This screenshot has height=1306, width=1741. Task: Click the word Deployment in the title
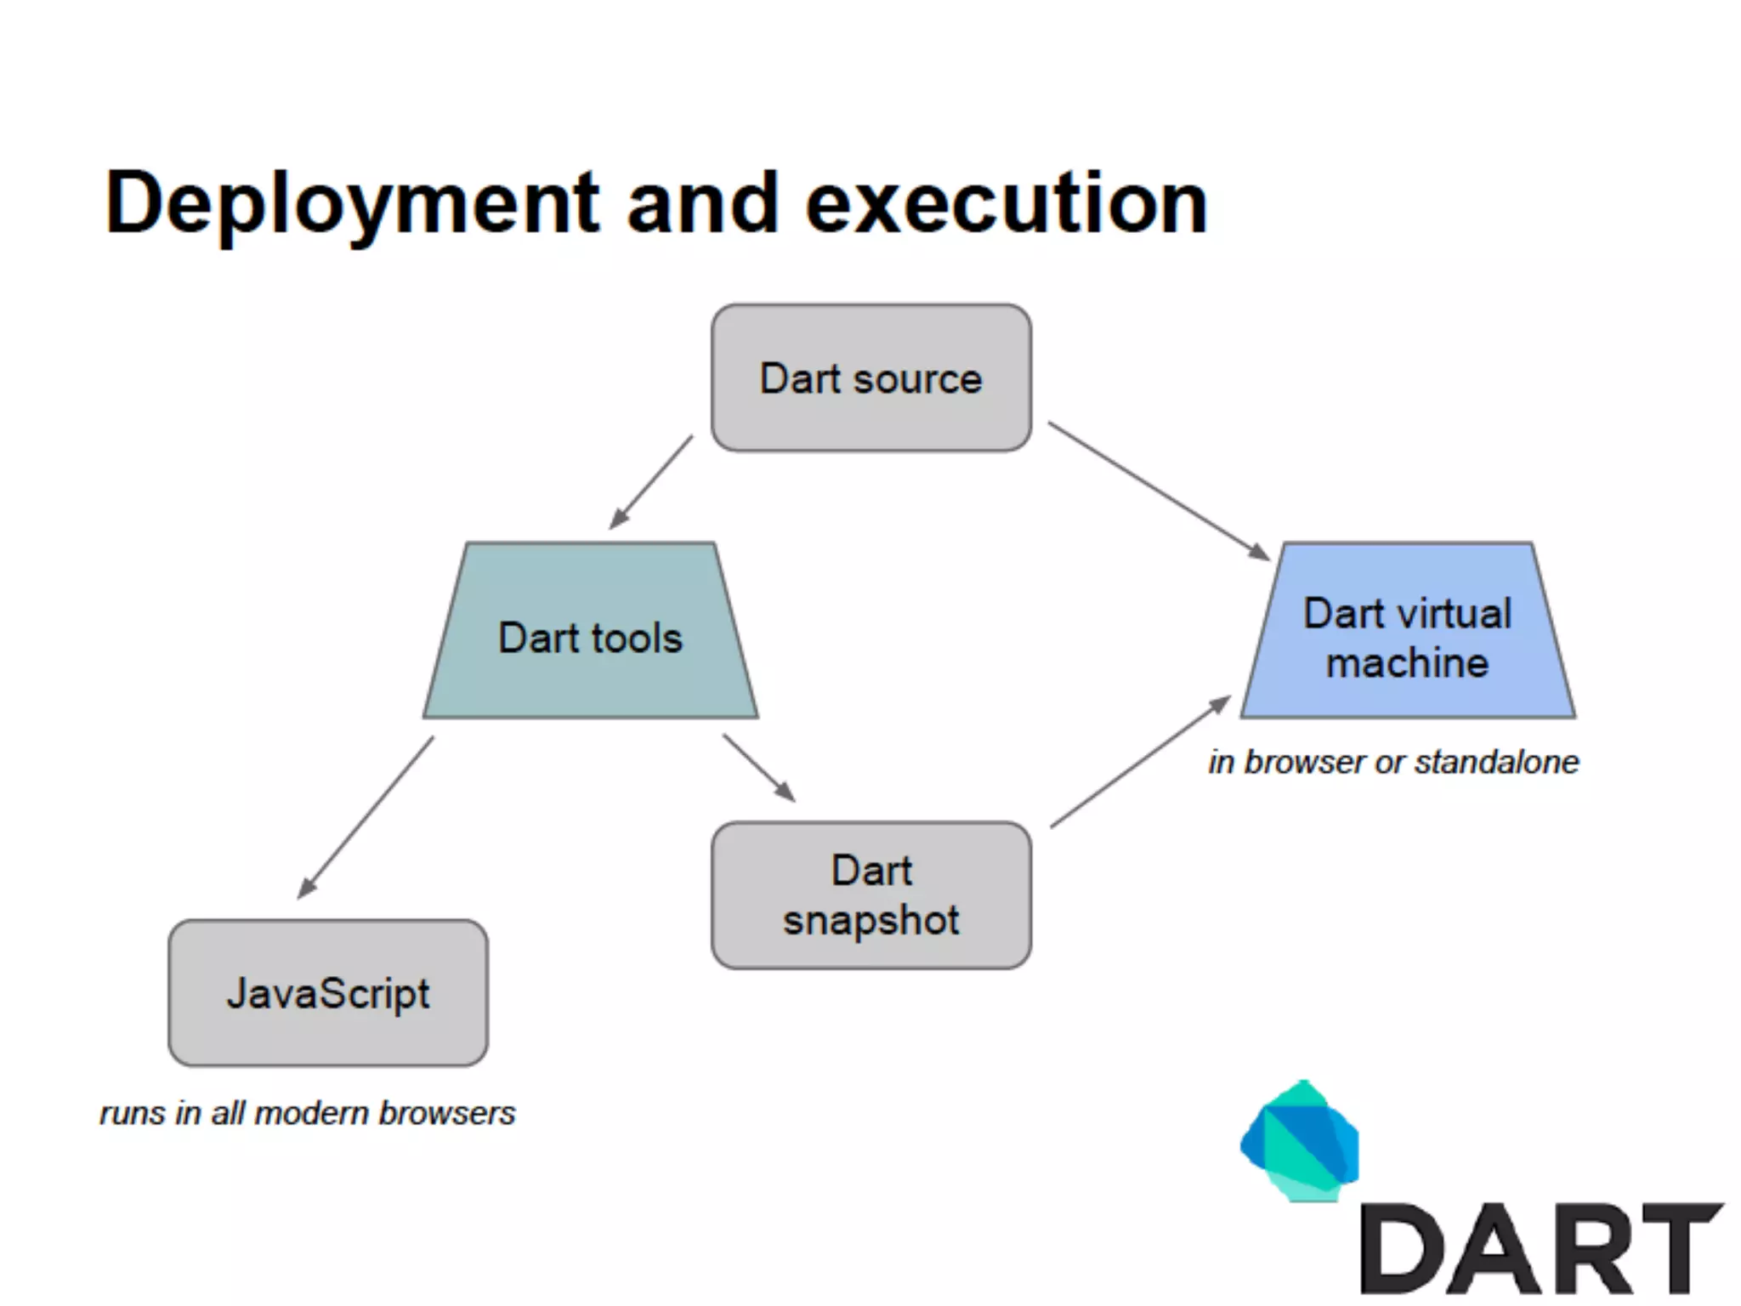(x=352, y=204)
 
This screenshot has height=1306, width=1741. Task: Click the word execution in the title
(x=1007, y=204)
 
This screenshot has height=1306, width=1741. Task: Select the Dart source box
(x=871, y=378)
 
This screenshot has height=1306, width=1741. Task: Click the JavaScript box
(x=328, y=993)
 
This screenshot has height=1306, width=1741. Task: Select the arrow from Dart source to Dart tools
(x=651, y=483)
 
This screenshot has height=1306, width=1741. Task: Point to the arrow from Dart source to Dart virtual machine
(x=1158, y=491)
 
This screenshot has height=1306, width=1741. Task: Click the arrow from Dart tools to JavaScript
(x=366, y=817)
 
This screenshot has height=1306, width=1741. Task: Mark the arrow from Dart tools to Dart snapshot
(x=758, y=768)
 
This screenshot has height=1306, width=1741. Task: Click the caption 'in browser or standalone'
(x=1393, y=762)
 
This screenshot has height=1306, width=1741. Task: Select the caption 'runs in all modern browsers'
(x=307, y=1113)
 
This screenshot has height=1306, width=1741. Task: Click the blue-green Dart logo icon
(x=1300, y=1142)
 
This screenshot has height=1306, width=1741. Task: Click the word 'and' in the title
(x=703, y=204)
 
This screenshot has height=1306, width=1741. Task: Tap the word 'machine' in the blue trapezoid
(x=1408, y=663)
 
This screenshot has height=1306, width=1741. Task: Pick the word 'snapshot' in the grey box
(x=871, y=921)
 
